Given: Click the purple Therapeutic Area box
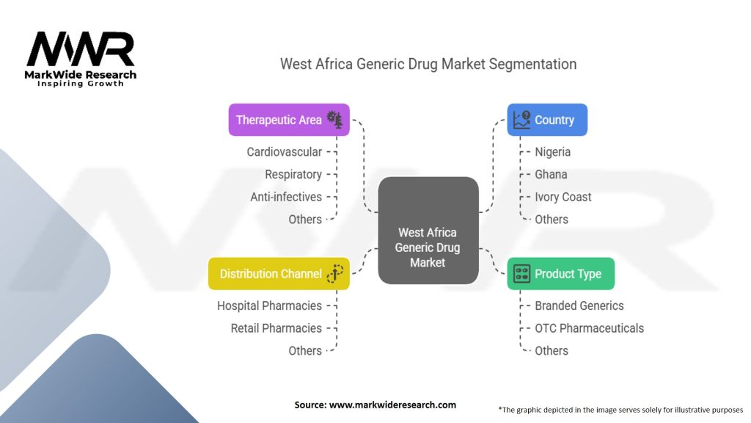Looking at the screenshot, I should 288,120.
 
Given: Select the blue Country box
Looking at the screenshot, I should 547,120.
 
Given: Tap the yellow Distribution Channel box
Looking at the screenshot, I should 279,274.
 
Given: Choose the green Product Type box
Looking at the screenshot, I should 561,274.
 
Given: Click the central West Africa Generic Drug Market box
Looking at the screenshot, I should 428,231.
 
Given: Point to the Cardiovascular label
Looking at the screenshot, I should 284,152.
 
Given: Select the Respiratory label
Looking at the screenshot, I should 293,175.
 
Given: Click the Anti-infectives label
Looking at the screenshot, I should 286,197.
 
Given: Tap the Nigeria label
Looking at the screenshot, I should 553,152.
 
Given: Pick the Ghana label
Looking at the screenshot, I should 551,175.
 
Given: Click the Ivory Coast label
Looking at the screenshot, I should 563,197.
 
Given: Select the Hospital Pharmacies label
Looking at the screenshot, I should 269,305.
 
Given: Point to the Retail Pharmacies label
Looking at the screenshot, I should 276,328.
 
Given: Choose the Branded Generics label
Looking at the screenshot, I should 579,305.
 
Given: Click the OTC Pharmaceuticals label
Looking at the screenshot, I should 590,328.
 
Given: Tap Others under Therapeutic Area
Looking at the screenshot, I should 305,220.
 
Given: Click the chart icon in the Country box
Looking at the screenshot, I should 522,120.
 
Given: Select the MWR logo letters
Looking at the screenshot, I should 81,50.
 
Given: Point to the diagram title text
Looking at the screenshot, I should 428,64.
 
